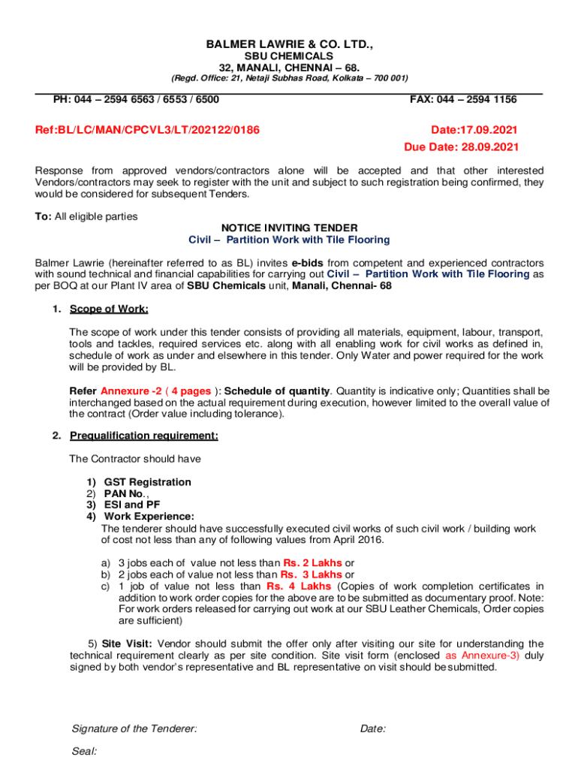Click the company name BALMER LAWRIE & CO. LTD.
(x=289, y=46)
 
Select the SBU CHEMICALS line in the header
(x=289, y=57)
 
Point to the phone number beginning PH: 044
(x=136, y=99)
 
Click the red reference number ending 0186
(x=147, y=130)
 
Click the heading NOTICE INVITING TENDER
(x=289, y=228)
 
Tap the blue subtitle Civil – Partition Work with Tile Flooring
(x=289, y=240)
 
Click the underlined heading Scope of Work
(x=109, y=309)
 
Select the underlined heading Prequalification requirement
(x=144, y=436)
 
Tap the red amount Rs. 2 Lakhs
(x=312, y=563)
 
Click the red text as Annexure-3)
(x=482, y=655)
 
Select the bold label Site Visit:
(x=127, y=644)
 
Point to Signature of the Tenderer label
(x=134, y=728)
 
